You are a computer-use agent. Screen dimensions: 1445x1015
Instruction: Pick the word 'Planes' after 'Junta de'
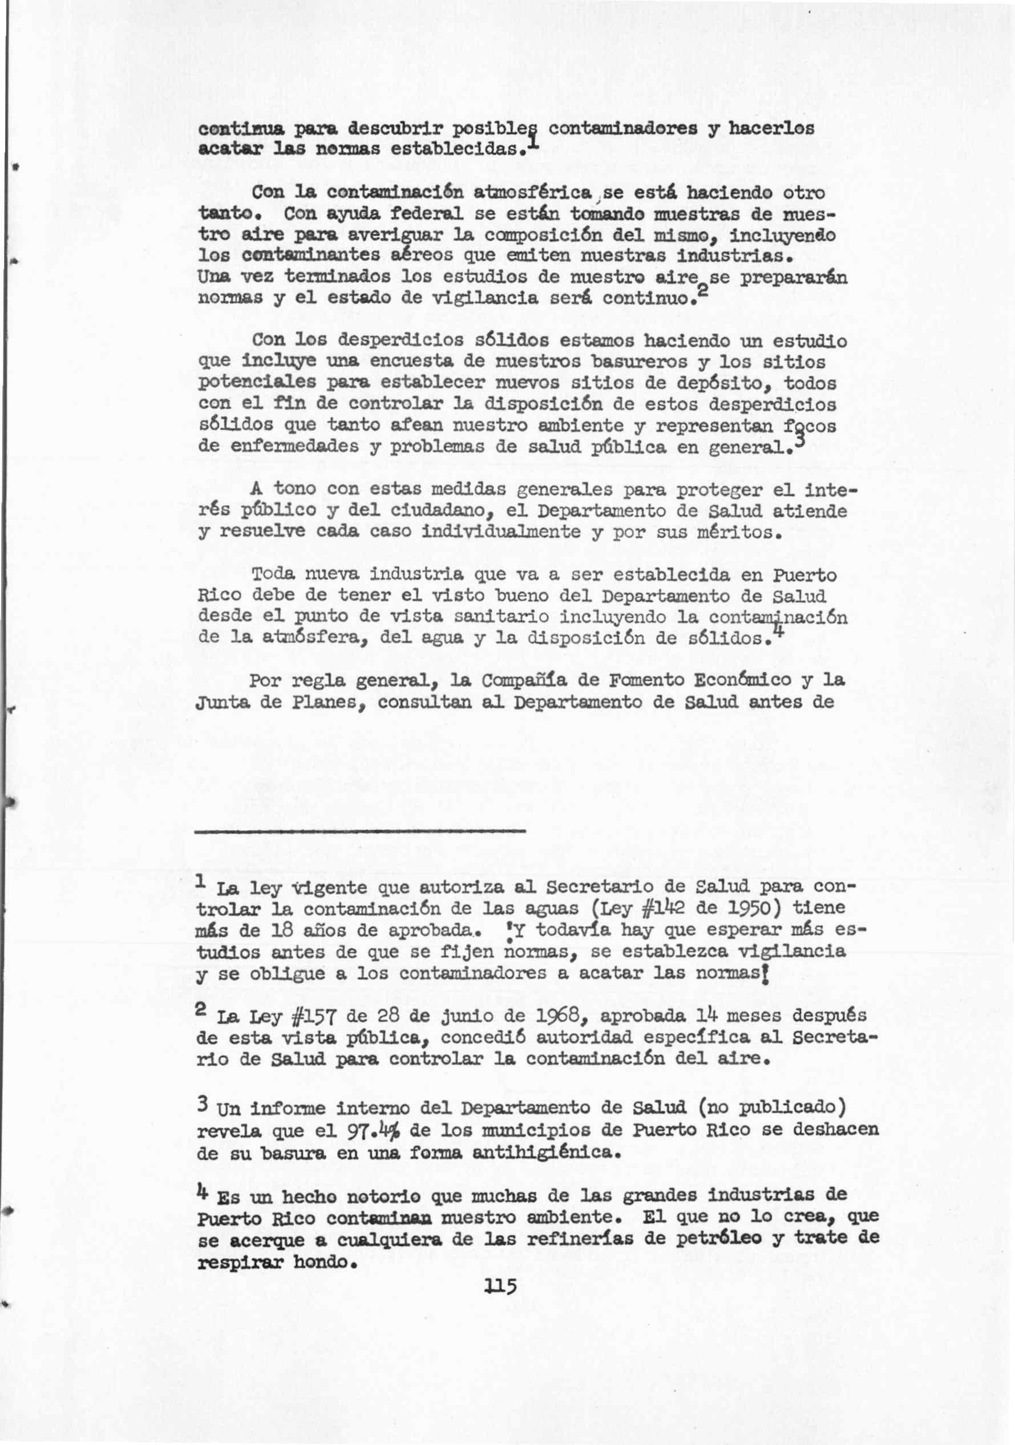(327, 703)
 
